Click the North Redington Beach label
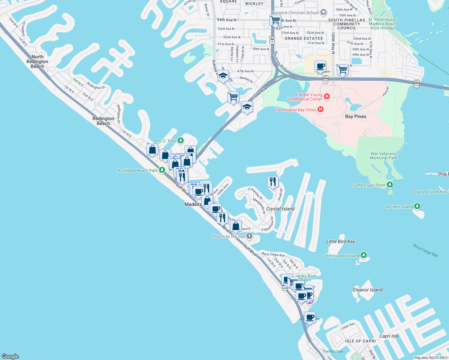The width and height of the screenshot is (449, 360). (37, 61)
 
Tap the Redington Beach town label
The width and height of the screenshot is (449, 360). (103, 121)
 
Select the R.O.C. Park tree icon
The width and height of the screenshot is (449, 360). (181, 140)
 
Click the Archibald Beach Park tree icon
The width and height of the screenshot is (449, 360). (162, 170)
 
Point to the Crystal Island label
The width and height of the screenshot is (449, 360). (280, 209)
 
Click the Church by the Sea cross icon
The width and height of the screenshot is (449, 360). (249, 236)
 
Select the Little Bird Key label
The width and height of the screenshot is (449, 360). (340, 241)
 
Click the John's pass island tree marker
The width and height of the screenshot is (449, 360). (364, 255)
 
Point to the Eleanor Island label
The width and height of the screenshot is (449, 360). (368, 290)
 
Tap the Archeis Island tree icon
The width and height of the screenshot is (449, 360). (417, 206)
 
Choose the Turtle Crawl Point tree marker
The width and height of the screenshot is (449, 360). (390, 185)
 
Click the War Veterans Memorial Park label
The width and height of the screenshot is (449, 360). (383, 156)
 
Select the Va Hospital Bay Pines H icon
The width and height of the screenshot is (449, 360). (321, 109)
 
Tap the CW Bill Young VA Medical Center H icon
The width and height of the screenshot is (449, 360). (327, 97)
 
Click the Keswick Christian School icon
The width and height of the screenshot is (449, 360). (324, 12)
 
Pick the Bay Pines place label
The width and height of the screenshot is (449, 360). (356, 116)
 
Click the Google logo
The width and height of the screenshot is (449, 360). (10, 356)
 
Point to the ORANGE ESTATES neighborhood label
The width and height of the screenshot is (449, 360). (304, 38)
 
